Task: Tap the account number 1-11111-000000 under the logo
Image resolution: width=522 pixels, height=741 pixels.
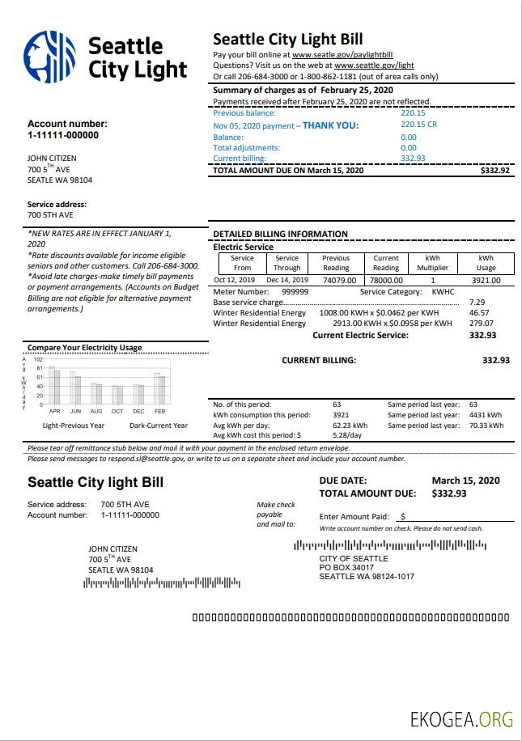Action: (63, 135)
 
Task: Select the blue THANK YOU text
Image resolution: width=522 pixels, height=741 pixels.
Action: (330, 125)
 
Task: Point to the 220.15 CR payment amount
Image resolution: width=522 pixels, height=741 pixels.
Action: (418, 125)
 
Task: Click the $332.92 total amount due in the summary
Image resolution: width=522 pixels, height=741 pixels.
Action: (494, 171)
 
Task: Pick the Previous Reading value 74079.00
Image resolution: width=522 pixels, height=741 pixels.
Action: (339, 280)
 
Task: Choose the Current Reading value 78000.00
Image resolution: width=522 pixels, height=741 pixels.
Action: (386, 280)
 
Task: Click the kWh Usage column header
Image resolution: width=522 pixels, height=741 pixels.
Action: (486, 263)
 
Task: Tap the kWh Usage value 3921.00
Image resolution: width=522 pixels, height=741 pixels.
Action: (486, 280)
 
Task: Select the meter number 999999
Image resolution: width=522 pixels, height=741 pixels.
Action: (295, 291)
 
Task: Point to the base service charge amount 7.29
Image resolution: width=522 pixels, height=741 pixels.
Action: (477, 302)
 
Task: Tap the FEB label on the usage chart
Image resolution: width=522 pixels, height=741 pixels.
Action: (160, 411)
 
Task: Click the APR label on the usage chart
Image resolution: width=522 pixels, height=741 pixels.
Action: (54, 411)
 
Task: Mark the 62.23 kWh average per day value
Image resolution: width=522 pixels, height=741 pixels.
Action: (350, 425)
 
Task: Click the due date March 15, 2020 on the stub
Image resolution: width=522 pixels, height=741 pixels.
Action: (465, 481)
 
